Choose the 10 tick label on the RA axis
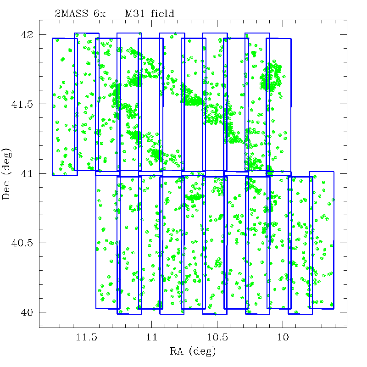283,339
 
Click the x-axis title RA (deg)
192,352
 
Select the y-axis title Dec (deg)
7,173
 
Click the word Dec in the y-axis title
7,189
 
